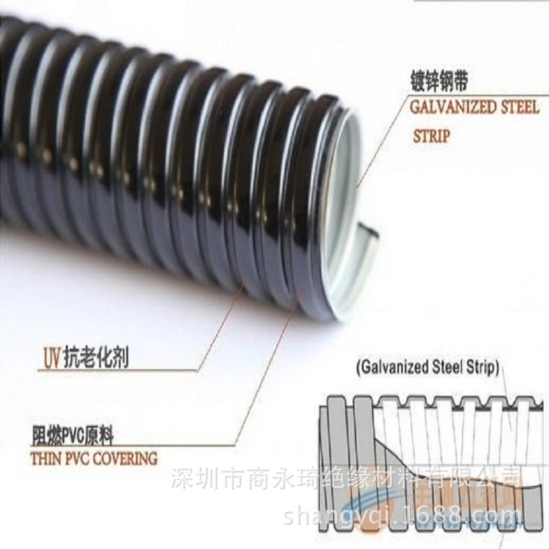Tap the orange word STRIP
pyautogui.click(x=431, y=137)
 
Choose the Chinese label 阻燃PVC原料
pyautogui.click(x=73, y=434)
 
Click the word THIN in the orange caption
pyautogui.click(x=46, y=457)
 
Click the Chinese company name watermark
pyautogui.click(x=345, y=476)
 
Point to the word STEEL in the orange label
pyautogui.click(x=514, y=108)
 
